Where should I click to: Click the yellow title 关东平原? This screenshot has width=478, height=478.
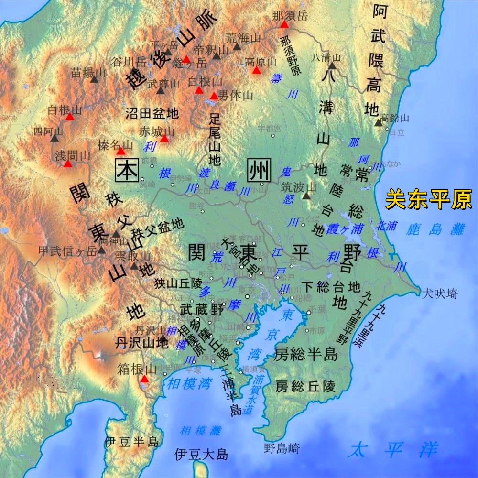tap(429, 199)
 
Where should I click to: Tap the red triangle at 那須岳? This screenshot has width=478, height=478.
tap(284, 24)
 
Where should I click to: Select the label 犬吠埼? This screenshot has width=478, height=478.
tap(439, 293)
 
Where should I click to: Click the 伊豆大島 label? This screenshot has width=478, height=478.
tap(201, 454)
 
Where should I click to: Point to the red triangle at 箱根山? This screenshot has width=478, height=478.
tap(144, 380)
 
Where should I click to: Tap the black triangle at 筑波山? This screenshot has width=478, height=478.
tap(306, 196)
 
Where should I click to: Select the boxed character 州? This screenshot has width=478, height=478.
tap(258, 171)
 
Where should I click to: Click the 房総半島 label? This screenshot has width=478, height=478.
tap(306, 354)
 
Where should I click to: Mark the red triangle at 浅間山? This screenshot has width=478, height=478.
tap(68, 164)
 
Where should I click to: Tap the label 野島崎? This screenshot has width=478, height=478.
tap(282, 448)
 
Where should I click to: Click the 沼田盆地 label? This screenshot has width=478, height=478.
tap(152, 113)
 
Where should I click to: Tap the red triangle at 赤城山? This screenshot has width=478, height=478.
tap(164, 139)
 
